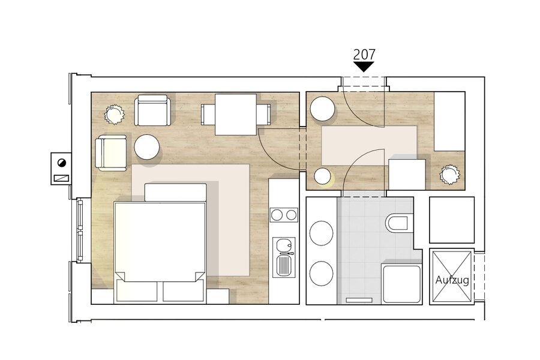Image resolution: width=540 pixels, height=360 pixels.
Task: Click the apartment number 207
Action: pyautogui.click(x=364, y=55)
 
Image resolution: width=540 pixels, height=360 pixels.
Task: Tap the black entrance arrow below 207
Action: pyautogui.click(x=364, y=67)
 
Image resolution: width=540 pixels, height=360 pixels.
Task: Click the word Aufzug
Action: pyautogui.click(x=452, y=280)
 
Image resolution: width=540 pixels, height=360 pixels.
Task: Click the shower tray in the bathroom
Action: pyautogui.click(x=401, y=284)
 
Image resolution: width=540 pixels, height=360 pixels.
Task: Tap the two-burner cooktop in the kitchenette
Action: pyautogui.click(x=284, y=215)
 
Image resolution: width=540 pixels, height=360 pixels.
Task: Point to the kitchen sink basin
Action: pyautogui.click(x=284, y=245)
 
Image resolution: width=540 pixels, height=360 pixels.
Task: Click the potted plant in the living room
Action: pyautogui.click(x=114, y=113)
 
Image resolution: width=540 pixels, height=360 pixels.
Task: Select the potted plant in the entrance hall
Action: pyautogui.click(x=450, y=175)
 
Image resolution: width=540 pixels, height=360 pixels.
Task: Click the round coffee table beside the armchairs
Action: pyautogui.click(x=147, y=147)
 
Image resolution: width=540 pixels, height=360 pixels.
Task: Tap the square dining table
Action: pyautogui.click(x=236, y=115)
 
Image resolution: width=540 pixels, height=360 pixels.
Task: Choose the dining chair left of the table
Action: pyautogui.click(x=208, y=115)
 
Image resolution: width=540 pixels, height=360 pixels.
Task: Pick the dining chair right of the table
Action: pyautogui.click(x=263, y=115)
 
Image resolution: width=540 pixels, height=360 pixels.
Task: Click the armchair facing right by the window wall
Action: pyautogui.click(x=111, y=153)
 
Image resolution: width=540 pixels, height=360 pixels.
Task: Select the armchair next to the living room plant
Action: pyautogui.click(x=152, y=110)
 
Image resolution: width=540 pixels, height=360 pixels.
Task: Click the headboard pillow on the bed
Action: pyautogui.click(x=175, y=192)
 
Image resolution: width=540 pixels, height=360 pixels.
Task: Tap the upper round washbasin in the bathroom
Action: pyautogui.click(x=322, y=233)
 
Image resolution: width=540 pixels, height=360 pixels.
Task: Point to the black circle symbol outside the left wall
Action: pyautogui.click(x=62, y=163)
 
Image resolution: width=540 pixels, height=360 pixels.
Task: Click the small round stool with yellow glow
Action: pyautogui.click(x=323, y=176)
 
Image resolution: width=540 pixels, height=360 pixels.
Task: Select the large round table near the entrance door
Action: pyautogui.click(x=323, y=109)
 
